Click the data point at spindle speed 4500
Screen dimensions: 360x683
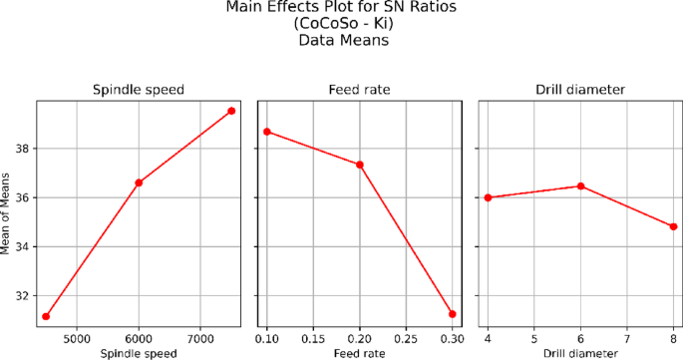[x=46, y=316]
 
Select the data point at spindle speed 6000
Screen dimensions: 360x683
[x=139, y=182]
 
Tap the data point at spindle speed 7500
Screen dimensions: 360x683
[x=231, y=111]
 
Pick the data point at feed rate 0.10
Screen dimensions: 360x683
[x=267, y=132]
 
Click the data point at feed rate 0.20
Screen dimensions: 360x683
[x=360, y=165]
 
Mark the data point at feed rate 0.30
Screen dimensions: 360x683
[x=453, y=314]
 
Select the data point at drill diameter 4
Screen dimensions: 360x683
[x=488, y=197]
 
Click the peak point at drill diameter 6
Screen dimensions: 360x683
[x=580, y=186]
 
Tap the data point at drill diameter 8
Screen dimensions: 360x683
[x=673, y=226]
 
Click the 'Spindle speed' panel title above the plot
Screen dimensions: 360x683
[x=139, y=90]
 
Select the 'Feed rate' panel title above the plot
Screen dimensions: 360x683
[x=360, y=90]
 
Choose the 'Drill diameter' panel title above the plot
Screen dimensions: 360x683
[x=580, y=90]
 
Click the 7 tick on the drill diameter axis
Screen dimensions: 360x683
[x=626, y=339]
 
